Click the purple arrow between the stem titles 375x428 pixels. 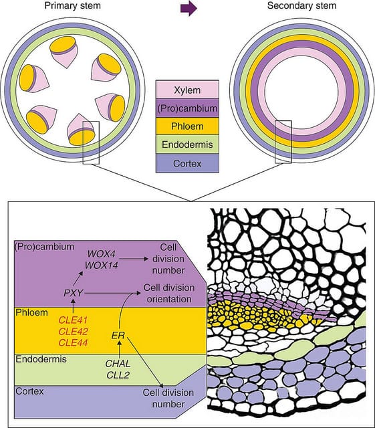click(x=190, y=7)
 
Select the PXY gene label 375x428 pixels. click(x=73, y=292)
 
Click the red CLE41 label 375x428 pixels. click(x=74, y=318)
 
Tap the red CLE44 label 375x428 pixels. click(x=74, y=342)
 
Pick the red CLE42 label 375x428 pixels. click(x=74, y=330)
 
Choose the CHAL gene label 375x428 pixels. click(x=118, y=364)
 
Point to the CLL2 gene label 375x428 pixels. click(x=118, y=375)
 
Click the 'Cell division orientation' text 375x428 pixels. click(x=168, y=293)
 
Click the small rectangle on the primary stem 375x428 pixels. click(x=90, y=142)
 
